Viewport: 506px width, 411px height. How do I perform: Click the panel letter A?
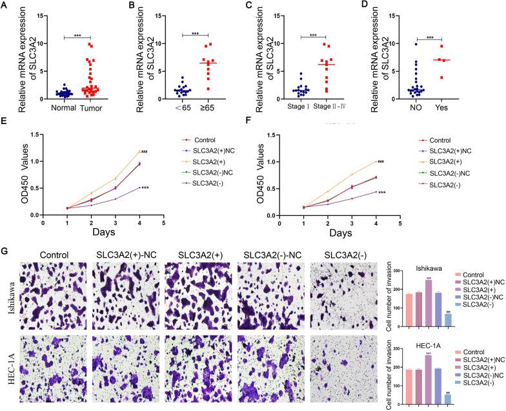(6, 7)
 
